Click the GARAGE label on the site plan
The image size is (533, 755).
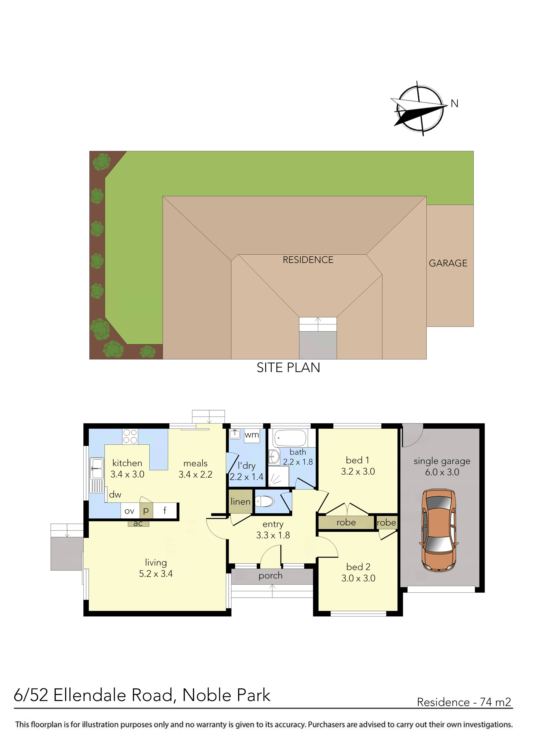(448, 263)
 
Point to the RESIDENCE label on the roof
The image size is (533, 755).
(308, 260)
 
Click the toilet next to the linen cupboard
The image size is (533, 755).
(265, 502)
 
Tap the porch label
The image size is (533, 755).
(270, 576)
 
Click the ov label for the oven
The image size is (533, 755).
(129, 511)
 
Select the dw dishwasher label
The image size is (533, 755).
(115, 495)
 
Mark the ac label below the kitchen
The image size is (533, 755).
(138, 523)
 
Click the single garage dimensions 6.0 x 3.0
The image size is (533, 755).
(442, 472)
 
